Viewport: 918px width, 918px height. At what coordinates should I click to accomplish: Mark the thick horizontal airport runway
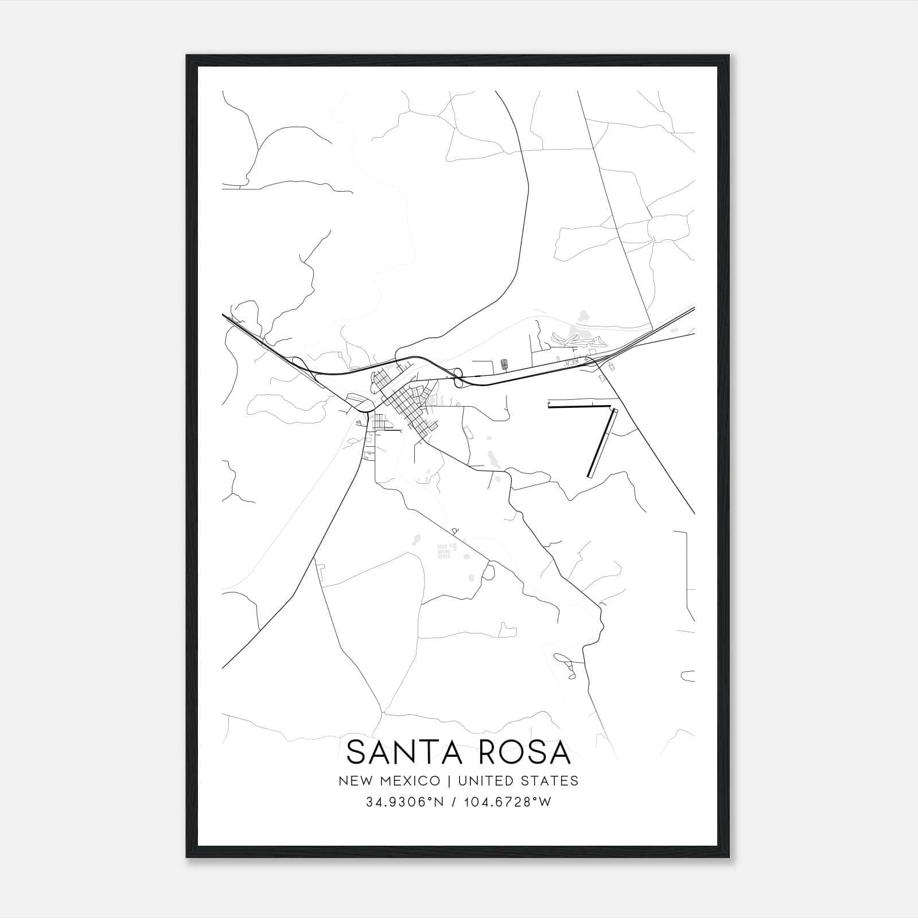click(579, 406)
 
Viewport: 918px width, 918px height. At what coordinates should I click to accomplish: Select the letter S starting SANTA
click(357, 752)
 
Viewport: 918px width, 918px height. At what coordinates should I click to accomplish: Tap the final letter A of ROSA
click(561, 752)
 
